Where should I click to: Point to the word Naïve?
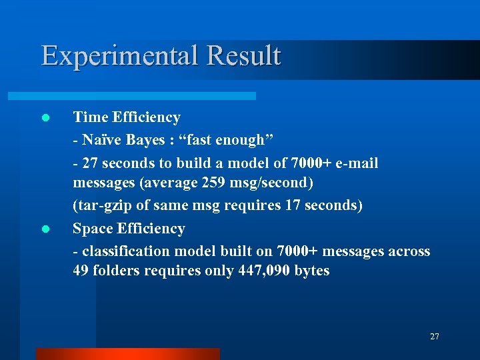coord(101,140)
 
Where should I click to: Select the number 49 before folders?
coord(81,271)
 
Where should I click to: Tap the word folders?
coord(117,271)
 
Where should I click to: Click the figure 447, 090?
coord(267,271)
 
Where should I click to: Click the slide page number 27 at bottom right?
coord(434,337)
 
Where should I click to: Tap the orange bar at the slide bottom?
coord(127,353)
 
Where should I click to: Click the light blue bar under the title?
coord(147,96)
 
